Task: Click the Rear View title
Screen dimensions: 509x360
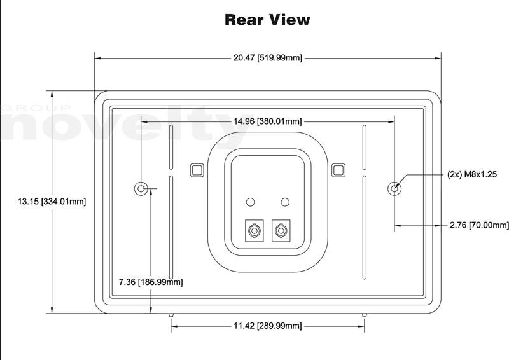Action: pyautogui.click(x=267, y=20)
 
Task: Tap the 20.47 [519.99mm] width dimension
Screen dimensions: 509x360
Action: pyautogui.click(x=267, y=58)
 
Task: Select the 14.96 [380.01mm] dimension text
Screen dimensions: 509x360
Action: pyautogui.click(x=267, y=121)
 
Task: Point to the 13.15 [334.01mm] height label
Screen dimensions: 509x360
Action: pyautogui.click(x=52, y=202)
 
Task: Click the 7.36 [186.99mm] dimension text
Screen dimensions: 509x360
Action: pyautogui.click(x=151, y=282)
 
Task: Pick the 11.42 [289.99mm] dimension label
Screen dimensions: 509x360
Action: pyautogui.click(x=267, y=326)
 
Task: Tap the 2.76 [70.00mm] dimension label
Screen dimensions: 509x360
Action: pyautogui.click(x=479, y=225)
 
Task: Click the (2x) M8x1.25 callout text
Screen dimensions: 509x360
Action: pyautogui.click(x=472, y=174)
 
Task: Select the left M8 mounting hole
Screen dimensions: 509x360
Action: pyautogui.click(x=141, y=188)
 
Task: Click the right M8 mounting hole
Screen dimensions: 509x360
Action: pyautogui.click(x=394, y=188)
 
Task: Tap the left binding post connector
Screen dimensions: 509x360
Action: pyautogui.click(x=254, y=231)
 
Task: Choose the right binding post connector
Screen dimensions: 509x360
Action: pyautogui.click(x=281, y=231)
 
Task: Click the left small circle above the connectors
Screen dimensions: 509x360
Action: pyautogui.click(x=250, y=202)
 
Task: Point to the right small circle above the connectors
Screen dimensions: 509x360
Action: pyautogui.click(x=285, y=202)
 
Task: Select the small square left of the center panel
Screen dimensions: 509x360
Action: pyautogui.click(x=197, y=170)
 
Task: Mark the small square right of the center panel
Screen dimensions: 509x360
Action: pyautogui.click(x=338, y=170)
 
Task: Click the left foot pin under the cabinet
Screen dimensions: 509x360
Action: pyautogui.click(x=171, y=315)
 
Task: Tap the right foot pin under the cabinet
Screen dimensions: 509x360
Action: pyautogui.click(x=364, y=315)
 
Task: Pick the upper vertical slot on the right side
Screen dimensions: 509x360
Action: pyautogui.click(x=364, y=147)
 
